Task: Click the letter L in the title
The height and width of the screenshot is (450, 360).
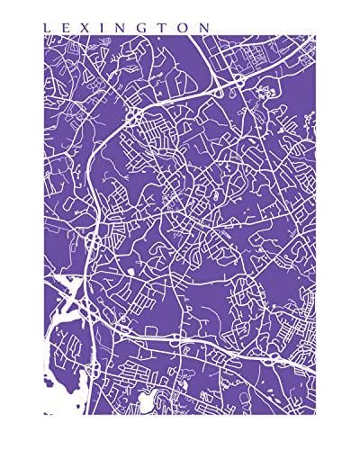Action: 47,28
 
